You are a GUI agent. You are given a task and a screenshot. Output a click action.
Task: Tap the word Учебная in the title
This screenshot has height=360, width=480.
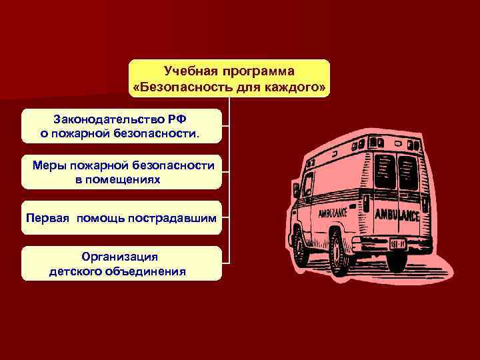[x=189, y=71]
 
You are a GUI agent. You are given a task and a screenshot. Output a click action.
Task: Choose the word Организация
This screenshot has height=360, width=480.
[x=120, y=256]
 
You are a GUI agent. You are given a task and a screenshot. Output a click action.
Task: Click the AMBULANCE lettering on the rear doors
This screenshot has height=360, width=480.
[x=397, y=215]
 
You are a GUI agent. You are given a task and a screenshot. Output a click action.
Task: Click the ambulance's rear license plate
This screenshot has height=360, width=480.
[x=401, y=243]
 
